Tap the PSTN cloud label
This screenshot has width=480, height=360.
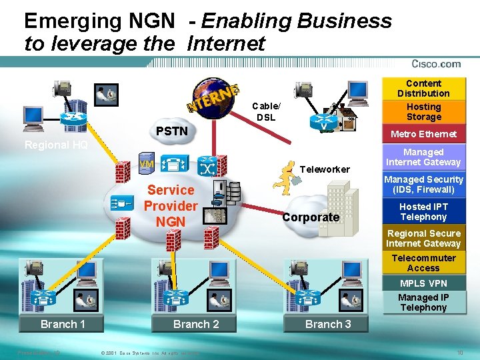click(x=171, y=131)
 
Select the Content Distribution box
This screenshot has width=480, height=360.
click(x=423, y=89)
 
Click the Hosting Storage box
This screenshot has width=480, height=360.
click(x=423, y=111)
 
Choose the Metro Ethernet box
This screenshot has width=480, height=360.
click(x=423, y=134)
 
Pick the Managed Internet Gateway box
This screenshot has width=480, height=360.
click(x=423, y=157)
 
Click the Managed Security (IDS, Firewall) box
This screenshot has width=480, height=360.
click(x=423, y=184)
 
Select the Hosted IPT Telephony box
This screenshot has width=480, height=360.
click(x=423, y=211)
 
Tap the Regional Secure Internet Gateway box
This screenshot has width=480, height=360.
click(x=423, y=239)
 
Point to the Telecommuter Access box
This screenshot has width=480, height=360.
click(x=423, y=263)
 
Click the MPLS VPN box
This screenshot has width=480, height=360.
click(x=423, y=283)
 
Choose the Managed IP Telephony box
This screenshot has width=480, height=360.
click(x=423, y=302)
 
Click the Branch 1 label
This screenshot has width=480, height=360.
click(x=63, y=324)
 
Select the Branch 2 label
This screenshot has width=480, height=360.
click(x=196, y=324)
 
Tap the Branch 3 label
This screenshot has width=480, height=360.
click(x=328, y=324)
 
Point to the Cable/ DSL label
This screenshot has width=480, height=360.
click(x=266, y=111)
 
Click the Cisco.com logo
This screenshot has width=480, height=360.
click(x=436, y=64)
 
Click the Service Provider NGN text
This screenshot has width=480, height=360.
click(x=171, y=205)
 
